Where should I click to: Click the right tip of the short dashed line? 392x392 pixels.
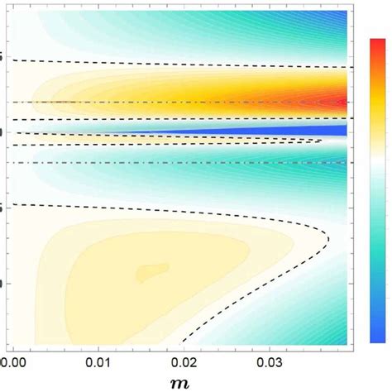(x=321, y=141)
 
